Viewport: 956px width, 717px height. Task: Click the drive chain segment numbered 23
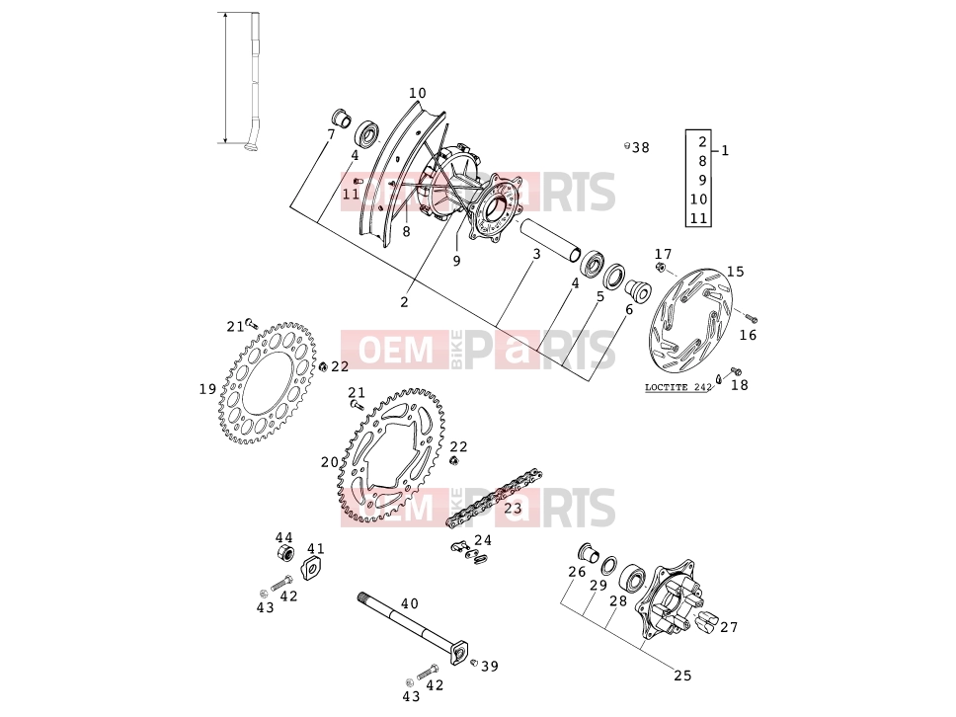coord(495,499)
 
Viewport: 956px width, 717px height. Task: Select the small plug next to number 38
coord(627,146)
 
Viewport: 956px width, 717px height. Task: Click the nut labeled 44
coord(283,555)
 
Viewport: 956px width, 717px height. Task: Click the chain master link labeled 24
coord(468,550)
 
